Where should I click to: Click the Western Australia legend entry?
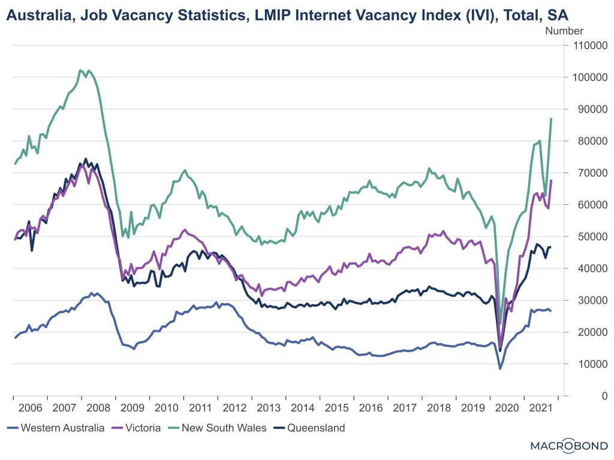(x=56, y=428)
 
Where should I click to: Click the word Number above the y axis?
(x=564, y=31)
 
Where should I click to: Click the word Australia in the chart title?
(x=35, y=14)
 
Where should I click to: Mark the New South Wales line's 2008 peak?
(x=80, y=70)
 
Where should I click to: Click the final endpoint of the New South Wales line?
(x=552, y=119)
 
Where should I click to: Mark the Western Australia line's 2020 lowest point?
(x=500, y=368)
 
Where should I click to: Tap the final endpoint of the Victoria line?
(x=552, y=180)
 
